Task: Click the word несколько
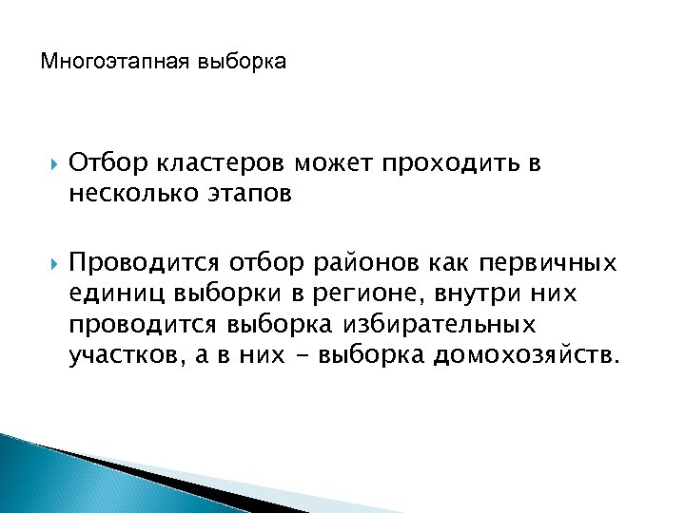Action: click(x=132, y=194)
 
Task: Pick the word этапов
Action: click(x=249, y=194)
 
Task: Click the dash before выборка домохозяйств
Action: click(x=306, y=355)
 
